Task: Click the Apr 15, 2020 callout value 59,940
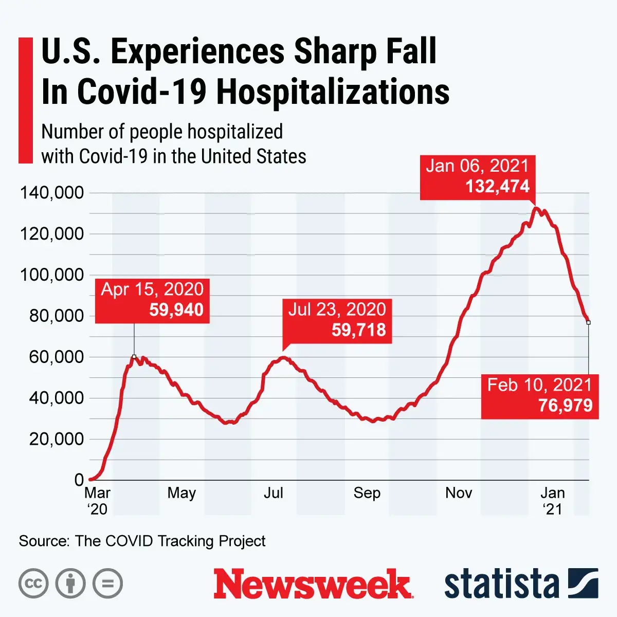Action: pos(176,310)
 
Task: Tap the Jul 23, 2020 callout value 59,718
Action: pos(358,330)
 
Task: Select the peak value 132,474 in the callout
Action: pos(497,186)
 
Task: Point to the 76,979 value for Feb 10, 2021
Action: pos(565,406)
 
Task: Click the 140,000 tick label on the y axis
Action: pos(51,193)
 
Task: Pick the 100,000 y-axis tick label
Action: pos(51,275)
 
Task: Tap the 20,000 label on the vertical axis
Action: pos(56,439)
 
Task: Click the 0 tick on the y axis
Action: pos(79,480)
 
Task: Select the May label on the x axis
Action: pos(182,493)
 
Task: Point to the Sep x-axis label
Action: pos(367,493)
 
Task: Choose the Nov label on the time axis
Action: pos(459,493)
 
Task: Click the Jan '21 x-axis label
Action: pos(553,500)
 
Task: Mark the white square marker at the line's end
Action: pos(588,322)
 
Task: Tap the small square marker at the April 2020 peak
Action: pos(134,356)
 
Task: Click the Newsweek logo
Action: pos(313,584)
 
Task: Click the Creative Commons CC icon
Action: pos(33,584)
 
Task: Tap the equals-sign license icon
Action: pos(107,584)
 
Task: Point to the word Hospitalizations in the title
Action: pos(333,92)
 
